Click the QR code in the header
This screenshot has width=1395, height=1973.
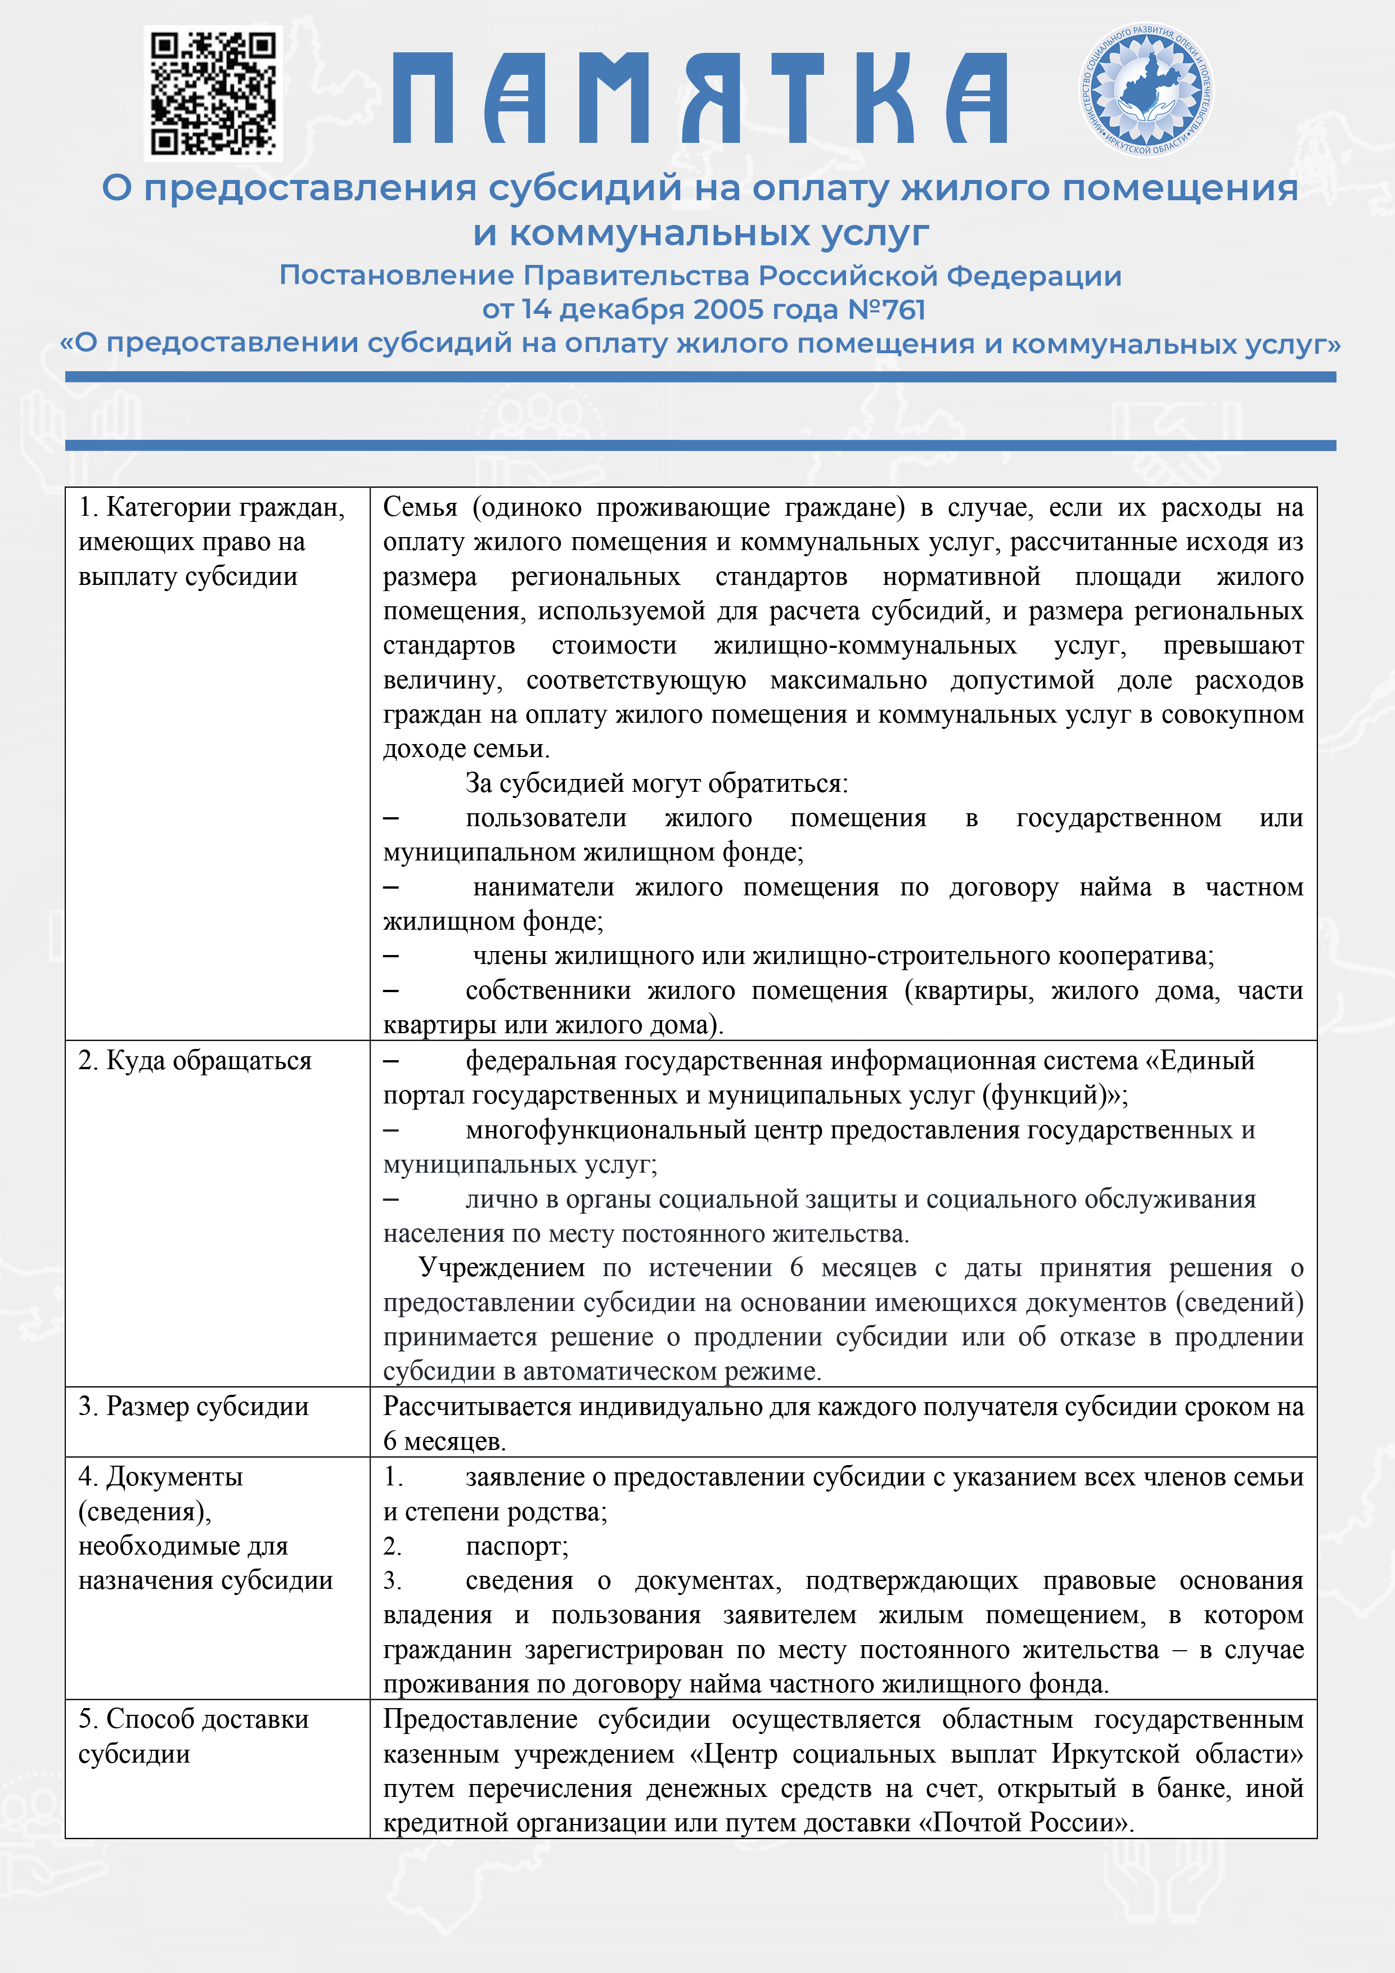click(213, 93)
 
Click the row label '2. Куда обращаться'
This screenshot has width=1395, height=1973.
click(195, 1060)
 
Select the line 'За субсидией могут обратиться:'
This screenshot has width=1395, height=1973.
click(656, 783)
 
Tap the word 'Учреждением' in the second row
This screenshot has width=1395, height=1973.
click(501, 1268)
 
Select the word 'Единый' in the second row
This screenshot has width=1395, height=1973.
click(1207, 1060)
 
